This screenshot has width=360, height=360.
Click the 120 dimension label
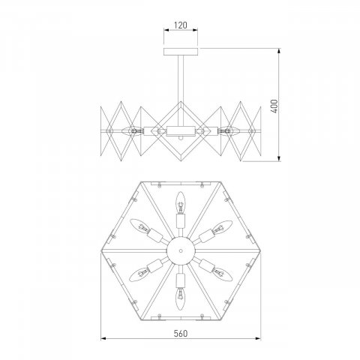click(180, 25)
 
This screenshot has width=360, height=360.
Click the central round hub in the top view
click(180, 248)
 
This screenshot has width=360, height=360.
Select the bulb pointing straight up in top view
click(180, 201)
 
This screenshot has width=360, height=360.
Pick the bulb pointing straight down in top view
click(180, 295)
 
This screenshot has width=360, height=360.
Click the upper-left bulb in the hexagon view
click(139, 224)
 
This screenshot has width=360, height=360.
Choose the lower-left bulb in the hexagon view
click(139, 272)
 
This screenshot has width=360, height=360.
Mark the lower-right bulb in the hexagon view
click(221, 272)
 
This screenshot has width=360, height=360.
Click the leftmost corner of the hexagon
click(100, 248)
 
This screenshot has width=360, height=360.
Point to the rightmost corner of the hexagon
click(259, 248)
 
